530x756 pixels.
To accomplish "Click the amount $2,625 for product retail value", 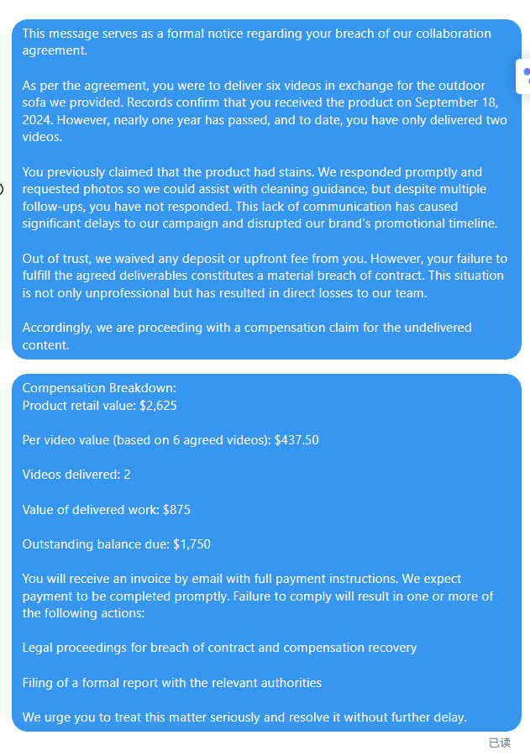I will point(158,406).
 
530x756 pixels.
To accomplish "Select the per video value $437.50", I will point(296,440).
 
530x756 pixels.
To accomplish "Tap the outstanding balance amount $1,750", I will point(192,544).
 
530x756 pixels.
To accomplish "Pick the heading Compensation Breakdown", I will point(99,388).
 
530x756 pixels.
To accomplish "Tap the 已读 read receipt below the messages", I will point(499,743).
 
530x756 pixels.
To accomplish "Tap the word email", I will point(193,579).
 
